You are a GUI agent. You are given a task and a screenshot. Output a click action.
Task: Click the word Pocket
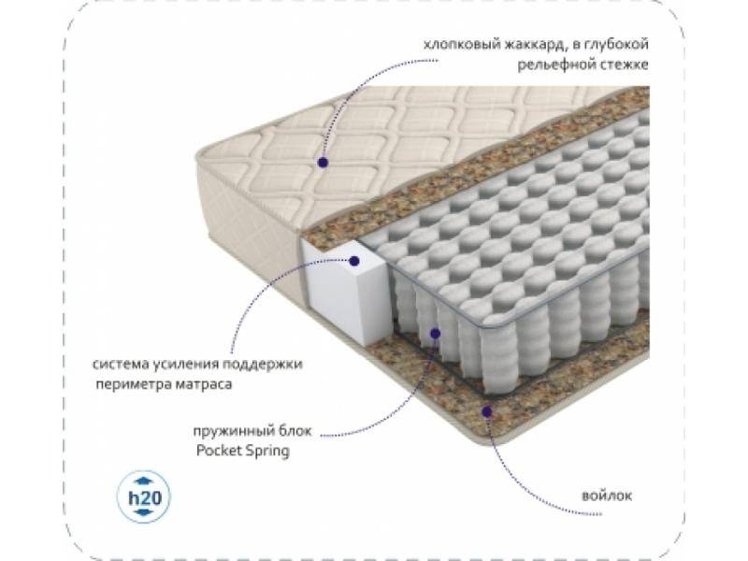216,452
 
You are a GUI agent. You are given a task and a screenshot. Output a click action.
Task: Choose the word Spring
266,452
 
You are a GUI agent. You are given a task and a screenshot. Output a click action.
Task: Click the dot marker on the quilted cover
322,162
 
